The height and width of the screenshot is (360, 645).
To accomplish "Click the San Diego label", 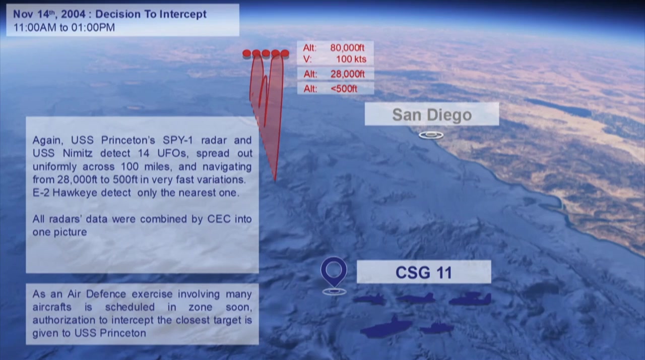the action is (432, 114).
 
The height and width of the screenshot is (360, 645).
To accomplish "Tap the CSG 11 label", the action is (424, 272).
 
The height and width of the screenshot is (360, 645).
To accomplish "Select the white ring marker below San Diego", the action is (431, 135).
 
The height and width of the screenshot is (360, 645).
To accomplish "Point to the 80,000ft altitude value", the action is (347, 47).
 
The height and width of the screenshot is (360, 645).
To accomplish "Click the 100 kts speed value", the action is (351, 59).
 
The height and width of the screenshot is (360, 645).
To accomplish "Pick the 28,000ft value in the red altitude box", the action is (348, 74).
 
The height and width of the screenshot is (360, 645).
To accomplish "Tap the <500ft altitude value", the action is (344, 89).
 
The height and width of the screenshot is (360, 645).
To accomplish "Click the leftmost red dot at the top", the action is (247, 53).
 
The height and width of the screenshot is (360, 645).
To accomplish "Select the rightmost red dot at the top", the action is (285, 53).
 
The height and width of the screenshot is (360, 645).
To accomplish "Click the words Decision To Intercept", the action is (151, 14).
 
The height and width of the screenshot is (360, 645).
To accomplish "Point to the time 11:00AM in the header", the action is (35, 28).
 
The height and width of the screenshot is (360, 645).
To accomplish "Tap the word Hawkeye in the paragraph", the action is (75, 193).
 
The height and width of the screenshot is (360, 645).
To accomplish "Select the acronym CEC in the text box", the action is (219, 219).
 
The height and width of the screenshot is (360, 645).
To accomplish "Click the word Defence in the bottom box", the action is (106, 294).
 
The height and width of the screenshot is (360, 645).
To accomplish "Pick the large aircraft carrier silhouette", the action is (386, 327).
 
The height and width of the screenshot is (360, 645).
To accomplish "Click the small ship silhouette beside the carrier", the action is (436, 328).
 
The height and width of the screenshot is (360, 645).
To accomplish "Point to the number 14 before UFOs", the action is (144, 153).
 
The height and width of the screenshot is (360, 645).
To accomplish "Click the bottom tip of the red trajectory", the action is (275, 181).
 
